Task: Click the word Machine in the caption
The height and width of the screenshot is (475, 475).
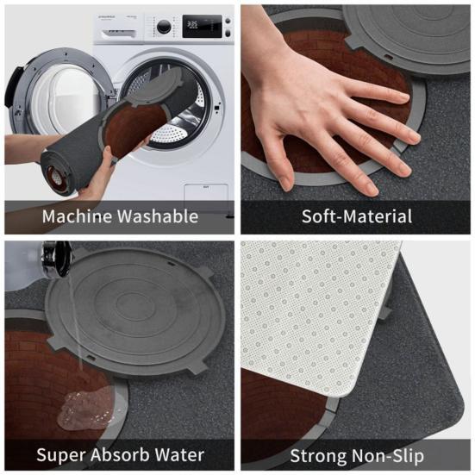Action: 74,216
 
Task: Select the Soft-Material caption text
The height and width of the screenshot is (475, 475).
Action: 356,216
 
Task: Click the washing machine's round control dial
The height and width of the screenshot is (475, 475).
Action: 164,27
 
